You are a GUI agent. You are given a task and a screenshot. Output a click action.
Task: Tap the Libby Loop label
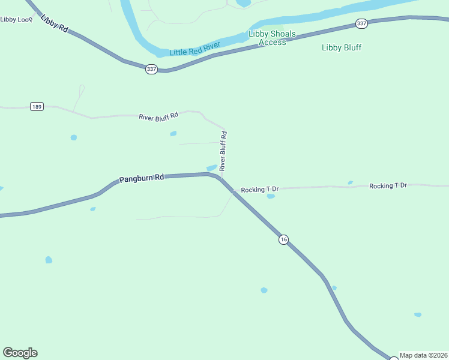16,19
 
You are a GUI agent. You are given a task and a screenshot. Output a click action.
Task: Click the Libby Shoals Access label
272,38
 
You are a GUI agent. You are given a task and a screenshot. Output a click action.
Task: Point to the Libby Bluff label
342,47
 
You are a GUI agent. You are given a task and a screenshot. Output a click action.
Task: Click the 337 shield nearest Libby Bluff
361,23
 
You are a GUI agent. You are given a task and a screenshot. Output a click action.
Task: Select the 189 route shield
37,107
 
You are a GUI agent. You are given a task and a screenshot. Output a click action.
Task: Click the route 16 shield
284,239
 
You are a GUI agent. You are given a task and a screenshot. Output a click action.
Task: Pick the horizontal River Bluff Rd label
158,116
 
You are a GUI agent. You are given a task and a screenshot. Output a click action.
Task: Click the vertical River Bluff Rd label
223,152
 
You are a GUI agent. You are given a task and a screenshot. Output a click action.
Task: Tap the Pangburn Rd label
142,178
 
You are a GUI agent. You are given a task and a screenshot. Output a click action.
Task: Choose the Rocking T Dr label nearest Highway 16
261,190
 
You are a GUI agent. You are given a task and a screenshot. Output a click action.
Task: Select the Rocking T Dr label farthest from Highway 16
388,186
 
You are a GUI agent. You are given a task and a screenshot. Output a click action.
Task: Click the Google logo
20,353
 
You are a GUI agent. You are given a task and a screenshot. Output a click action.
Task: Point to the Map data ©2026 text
423,355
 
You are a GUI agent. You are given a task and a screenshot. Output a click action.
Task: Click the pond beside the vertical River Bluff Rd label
211,167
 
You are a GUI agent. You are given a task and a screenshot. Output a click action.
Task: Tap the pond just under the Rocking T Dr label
271,196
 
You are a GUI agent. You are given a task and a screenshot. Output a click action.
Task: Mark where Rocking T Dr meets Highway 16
234,191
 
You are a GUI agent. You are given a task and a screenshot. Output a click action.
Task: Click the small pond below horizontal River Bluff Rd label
173,133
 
